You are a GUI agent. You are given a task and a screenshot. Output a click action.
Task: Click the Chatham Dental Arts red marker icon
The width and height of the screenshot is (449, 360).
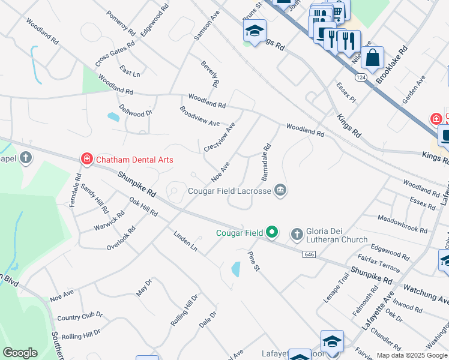point(87,159)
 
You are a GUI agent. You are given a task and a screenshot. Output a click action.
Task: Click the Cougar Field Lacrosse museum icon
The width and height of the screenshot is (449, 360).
point(280,191)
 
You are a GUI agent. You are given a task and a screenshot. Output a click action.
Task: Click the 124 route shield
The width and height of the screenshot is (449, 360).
point(360,77)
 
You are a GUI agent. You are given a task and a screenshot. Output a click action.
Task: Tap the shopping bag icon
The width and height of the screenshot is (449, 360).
point(373,59)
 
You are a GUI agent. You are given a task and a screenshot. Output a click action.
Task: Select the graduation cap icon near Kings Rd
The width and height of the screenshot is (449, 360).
point(255,31)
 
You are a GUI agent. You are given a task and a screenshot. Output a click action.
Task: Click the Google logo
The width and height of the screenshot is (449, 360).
point(20,353)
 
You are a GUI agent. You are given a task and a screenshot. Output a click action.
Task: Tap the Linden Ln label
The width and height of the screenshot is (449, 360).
point(185,241)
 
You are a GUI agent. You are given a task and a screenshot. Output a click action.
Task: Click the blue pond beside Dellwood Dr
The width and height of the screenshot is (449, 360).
point(113,117)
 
